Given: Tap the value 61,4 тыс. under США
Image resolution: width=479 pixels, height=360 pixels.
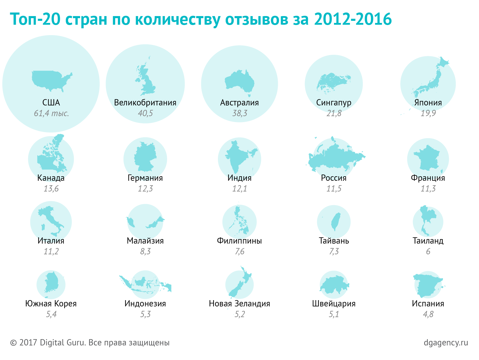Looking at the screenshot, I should click(x=51, y=113).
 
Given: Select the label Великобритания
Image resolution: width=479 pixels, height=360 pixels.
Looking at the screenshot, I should click(x=145, y=103).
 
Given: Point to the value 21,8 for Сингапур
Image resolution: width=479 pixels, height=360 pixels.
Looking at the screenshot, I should click(x=334, y=113).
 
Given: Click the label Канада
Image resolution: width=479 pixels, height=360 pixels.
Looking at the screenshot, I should click(x=51, y=178).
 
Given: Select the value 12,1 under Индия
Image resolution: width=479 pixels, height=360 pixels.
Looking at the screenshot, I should click(x=239, y=188).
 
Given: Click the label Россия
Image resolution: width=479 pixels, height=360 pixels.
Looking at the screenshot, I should click(x=334, y=178).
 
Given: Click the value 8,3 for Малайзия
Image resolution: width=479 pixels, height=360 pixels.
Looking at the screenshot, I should click(x=145, y=251).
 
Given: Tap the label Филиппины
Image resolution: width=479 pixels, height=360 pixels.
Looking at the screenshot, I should click(x=239, y=241).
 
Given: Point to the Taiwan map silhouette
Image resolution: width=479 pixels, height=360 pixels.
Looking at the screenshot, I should click(x=336, y=221).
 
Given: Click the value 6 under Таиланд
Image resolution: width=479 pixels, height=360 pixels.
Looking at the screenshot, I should click(x=428, y=251).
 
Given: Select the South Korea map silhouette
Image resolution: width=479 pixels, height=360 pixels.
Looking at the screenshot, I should click(x=51, y=283).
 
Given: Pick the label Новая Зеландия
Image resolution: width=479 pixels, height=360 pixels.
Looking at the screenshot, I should click(x=239, y=304).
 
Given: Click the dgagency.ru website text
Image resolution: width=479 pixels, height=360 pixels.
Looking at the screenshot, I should click(x=446, y=342).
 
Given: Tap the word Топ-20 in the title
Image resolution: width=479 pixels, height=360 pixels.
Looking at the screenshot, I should click(x=36, y=19).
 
